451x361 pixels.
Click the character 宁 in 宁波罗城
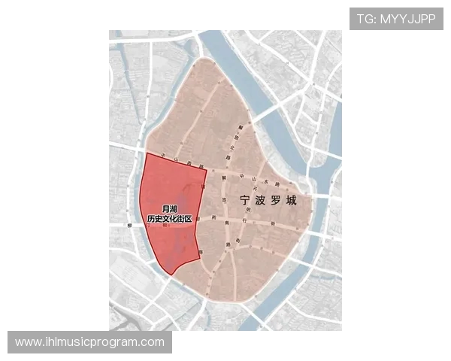tap(244, 202)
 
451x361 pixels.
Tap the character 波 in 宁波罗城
tap(259, 202)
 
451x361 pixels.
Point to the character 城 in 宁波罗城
tap(291, 202)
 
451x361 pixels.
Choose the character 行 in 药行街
tap(243, 220)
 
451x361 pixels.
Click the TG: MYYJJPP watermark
tap(395, 19)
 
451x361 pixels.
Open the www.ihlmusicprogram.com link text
tap(89, 342)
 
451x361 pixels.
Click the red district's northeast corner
tap(206, 170)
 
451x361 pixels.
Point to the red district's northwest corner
tap(146, 153)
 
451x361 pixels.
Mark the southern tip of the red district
tap(172, 273)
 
